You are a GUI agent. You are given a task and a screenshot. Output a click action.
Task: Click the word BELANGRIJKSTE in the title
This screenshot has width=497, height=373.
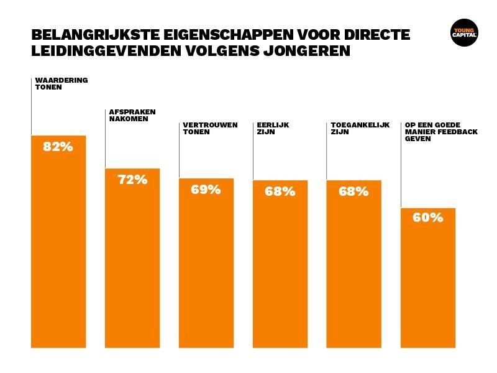pos(86,35)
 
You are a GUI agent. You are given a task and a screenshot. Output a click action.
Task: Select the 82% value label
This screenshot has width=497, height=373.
pos(58,147)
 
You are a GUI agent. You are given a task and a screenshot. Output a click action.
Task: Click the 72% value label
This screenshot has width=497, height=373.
pos(132,180)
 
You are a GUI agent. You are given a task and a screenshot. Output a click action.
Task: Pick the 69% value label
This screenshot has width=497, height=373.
pos(206,190)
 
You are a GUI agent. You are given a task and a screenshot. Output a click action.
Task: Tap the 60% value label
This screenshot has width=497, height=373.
pos(427,218)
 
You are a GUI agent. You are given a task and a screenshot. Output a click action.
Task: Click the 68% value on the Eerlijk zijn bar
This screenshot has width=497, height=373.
pos(280,191)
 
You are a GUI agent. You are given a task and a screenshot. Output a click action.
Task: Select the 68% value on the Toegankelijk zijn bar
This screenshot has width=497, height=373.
pos(353,191)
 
